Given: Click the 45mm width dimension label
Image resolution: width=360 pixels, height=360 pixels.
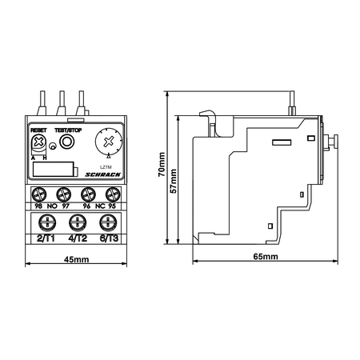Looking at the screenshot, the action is [x=76, y=259].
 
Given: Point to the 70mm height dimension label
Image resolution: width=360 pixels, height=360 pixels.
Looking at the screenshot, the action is [x=162, y=165].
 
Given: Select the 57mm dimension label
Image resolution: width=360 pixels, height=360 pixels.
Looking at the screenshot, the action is [x=174, y=181].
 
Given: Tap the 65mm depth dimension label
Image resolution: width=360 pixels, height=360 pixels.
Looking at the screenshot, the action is [x=266, y=257].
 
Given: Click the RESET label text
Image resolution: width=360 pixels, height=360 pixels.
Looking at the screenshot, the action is [x=38, y=130].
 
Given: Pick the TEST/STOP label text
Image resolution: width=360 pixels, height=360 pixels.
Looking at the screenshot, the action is [x=68, y=130].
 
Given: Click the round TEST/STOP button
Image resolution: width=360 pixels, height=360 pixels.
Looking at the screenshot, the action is [x=66, y=142].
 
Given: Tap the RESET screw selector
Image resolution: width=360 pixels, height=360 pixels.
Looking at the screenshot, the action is [x=39, y=142].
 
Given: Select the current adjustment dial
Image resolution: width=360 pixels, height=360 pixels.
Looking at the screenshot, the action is [x=109, y=142].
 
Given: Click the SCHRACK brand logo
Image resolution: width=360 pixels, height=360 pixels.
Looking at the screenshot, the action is [x=103, y=174].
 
